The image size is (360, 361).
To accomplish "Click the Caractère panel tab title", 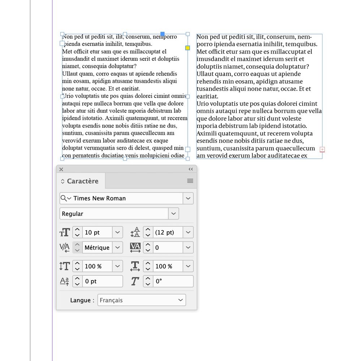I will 82,181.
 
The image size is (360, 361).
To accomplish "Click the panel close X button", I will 61,169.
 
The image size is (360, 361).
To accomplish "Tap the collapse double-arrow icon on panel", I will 191,169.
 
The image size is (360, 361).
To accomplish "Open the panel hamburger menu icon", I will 190,181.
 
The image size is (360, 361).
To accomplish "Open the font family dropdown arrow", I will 188,198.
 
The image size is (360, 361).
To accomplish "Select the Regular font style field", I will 114,214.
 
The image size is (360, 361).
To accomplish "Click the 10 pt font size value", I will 97,232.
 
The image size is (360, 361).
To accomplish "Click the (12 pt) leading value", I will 168,232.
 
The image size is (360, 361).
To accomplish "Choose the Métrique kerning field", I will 97,248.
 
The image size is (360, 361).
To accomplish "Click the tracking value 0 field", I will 168,248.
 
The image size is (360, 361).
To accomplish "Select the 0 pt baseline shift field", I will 103,281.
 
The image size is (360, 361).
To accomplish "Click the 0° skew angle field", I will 173,281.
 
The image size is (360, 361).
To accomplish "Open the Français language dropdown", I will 141,300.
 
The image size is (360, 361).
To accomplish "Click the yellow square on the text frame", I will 187,48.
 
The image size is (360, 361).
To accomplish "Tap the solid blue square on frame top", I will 162,34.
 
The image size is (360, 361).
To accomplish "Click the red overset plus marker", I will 322,149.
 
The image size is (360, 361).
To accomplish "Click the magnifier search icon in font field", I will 64,198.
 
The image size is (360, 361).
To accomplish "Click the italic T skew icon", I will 135,281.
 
